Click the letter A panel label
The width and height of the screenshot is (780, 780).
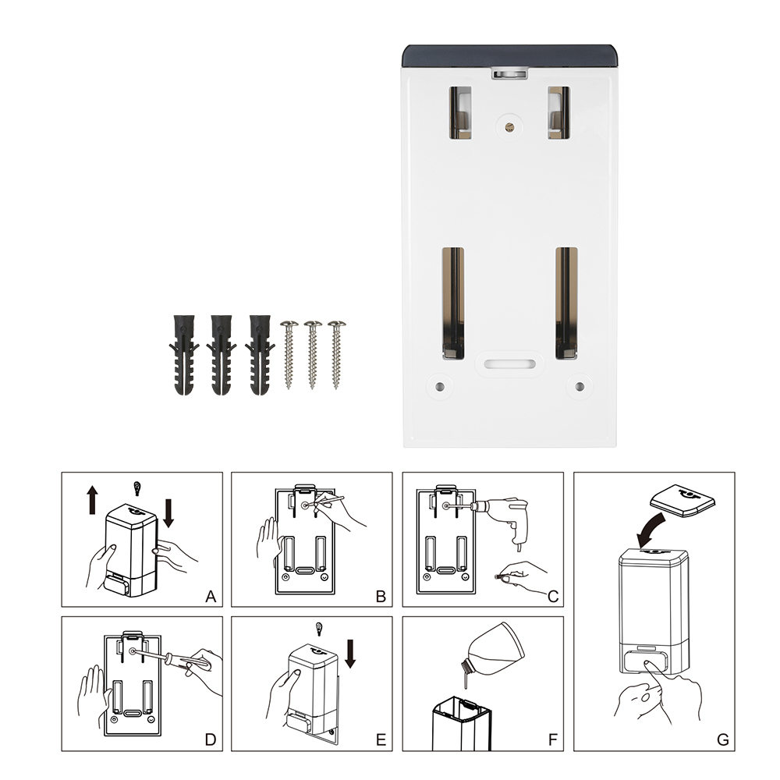[x=211, y=597]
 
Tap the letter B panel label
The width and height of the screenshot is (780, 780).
[x=381, y=597]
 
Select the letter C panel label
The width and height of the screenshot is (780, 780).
[x=553, y=597]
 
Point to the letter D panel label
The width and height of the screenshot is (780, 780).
[x=211, y=739]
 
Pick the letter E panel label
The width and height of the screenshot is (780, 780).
[x=381, y=739]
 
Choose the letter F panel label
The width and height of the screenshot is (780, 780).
[x=553, y=739]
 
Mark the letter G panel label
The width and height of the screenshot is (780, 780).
[x=723, y=739]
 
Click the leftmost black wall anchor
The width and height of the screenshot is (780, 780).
[x=183, y=355]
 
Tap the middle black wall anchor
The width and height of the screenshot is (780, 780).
[x=222, y=355]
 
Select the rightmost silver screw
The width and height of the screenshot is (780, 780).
[x=336, y=354]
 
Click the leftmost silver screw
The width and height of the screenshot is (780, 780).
[x=289, y=354]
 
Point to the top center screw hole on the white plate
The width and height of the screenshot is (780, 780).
[x=509, y=127]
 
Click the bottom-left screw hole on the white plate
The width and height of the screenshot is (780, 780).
[x=439, y=387]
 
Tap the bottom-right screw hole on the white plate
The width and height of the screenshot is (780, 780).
[x=580, y=387]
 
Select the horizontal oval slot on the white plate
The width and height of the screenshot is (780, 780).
[x=509, y=364]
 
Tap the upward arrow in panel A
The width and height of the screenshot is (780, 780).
[x=93, y=500]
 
